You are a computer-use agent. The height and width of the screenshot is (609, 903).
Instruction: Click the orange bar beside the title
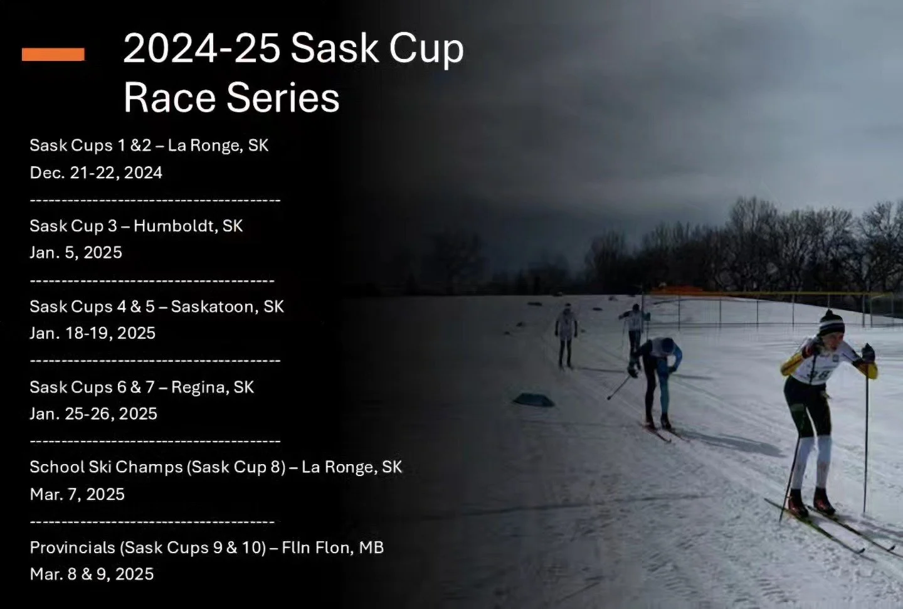(x=53, y=55)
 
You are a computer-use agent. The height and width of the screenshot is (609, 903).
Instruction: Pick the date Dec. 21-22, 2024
(x=96, y=173)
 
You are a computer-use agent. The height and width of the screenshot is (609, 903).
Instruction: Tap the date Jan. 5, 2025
(x=76, y=253)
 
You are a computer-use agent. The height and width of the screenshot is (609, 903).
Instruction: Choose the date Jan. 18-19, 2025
(x=92, y=333)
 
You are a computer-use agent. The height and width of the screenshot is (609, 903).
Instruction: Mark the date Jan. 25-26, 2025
(x=93, y=414)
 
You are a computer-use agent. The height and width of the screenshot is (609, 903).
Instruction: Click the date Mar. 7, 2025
(x=77, y=494)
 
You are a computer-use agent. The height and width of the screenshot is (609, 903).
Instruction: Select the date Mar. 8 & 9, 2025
(x=92, y=575)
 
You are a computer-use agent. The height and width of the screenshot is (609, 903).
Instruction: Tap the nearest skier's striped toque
(x=832, y=323)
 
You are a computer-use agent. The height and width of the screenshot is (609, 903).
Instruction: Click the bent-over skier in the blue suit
(x=657, y=376)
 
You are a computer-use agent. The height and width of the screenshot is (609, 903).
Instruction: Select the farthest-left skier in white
(x=566, y=332)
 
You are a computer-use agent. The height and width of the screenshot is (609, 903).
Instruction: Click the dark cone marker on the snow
(x=533, y=399)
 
